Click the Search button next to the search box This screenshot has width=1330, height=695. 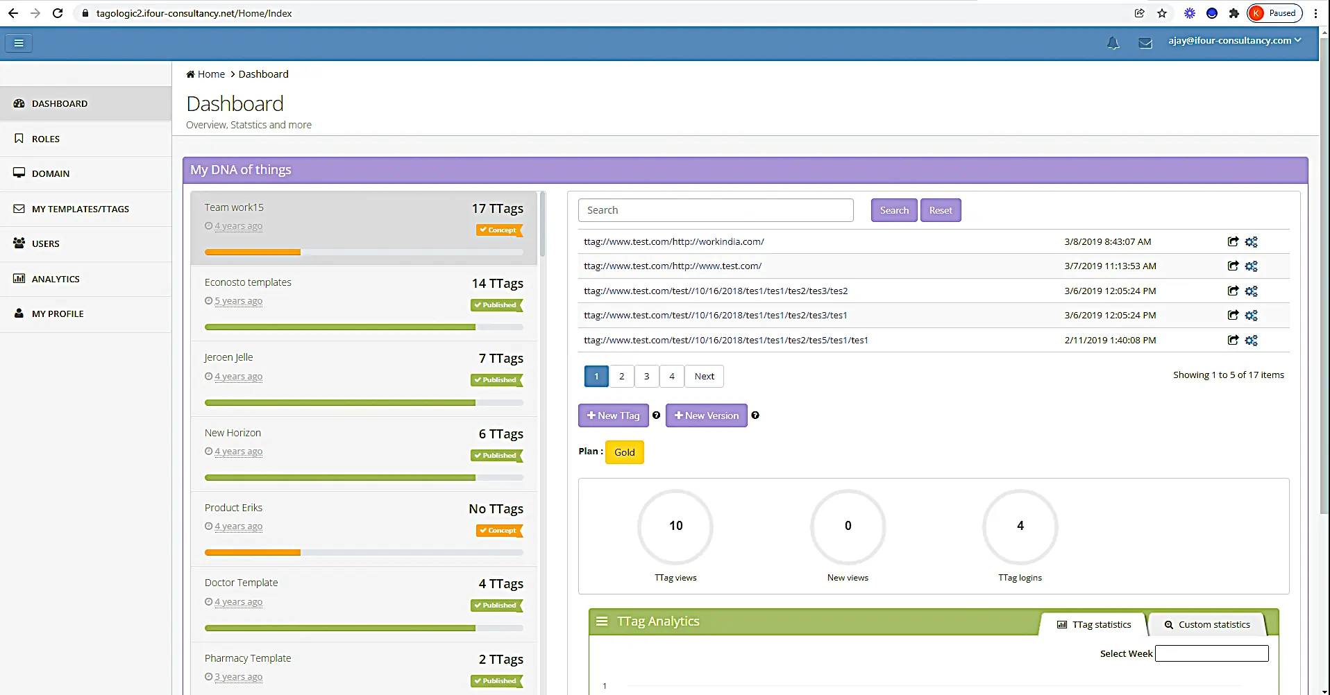(894, 210)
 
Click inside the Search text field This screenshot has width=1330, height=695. (716, 210)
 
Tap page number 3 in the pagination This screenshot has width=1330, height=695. (647, 376)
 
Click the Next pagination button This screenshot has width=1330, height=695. (705, 376)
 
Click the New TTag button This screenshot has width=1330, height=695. (614, 415)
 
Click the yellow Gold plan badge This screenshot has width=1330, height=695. (625, 452)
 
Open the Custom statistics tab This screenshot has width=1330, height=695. (1207, 624)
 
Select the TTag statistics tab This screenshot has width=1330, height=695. (1094, 624)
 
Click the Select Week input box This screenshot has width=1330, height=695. (1212, 653)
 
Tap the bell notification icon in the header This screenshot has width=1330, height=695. (1113, 43)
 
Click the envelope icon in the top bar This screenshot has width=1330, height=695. (1145, 43)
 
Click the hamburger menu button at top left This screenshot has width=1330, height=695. (19, 43)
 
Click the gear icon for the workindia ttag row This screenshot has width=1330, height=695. (1251, 242)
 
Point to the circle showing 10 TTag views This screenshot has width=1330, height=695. (675, 527)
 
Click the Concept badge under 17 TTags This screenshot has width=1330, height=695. (499, 230)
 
